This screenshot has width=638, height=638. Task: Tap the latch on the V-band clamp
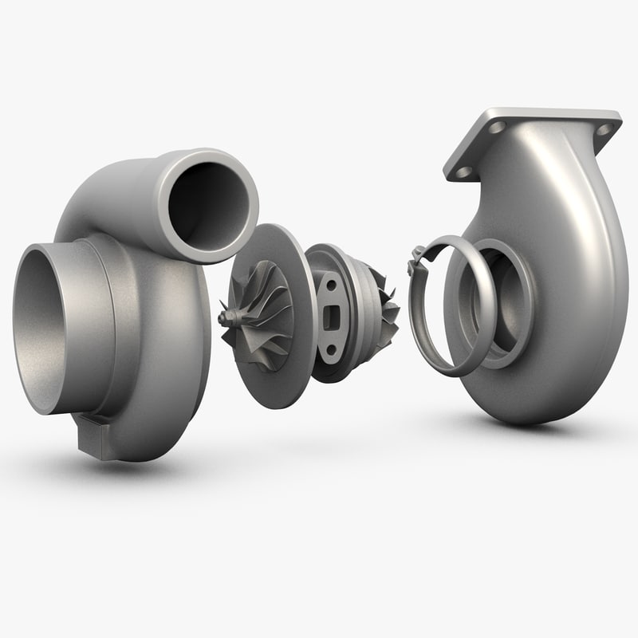point(415,259)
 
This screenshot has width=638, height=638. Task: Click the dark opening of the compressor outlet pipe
point(209,203)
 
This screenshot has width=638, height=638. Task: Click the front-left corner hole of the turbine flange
point(461,170)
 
